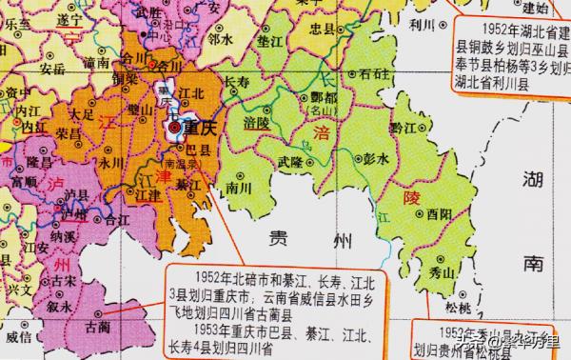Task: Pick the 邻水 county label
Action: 221,40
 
